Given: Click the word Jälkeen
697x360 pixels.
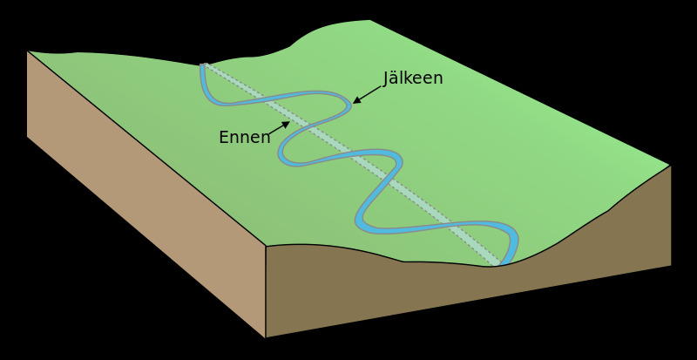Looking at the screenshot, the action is coord(413,78).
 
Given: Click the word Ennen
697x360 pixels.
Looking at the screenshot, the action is coord(244,138).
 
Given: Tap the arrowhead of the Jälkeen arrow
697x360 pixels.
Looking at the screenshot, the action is coord(355,102).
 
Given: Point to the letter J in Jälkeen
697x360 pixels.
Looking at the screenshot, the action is coord(387,79).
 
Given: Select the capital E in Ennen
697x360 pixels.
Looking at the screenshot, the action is coord(224,138).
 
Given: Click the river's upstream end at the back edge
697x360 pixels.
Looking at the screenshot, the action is coord(203,65).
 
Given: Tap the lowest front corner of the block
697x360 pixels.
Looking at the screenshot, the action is coord(266,337).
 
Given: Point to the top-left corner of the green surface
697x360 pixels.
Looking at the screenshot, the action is coord(28,51).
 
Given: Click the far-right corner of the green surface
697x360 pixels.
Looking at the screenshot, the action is coord(670,166).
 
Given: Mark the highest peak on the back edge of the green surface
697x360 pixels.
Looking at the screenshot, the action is coord(369,20).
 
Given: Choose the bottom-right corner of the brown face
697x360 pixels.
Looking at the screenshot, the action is coord(671,265).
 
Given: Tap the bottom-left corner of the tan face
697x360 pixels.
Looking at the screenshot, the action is coord(27,136).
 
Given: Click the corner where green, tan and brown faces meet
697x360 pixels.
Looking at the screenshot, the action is coord(266,247).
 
